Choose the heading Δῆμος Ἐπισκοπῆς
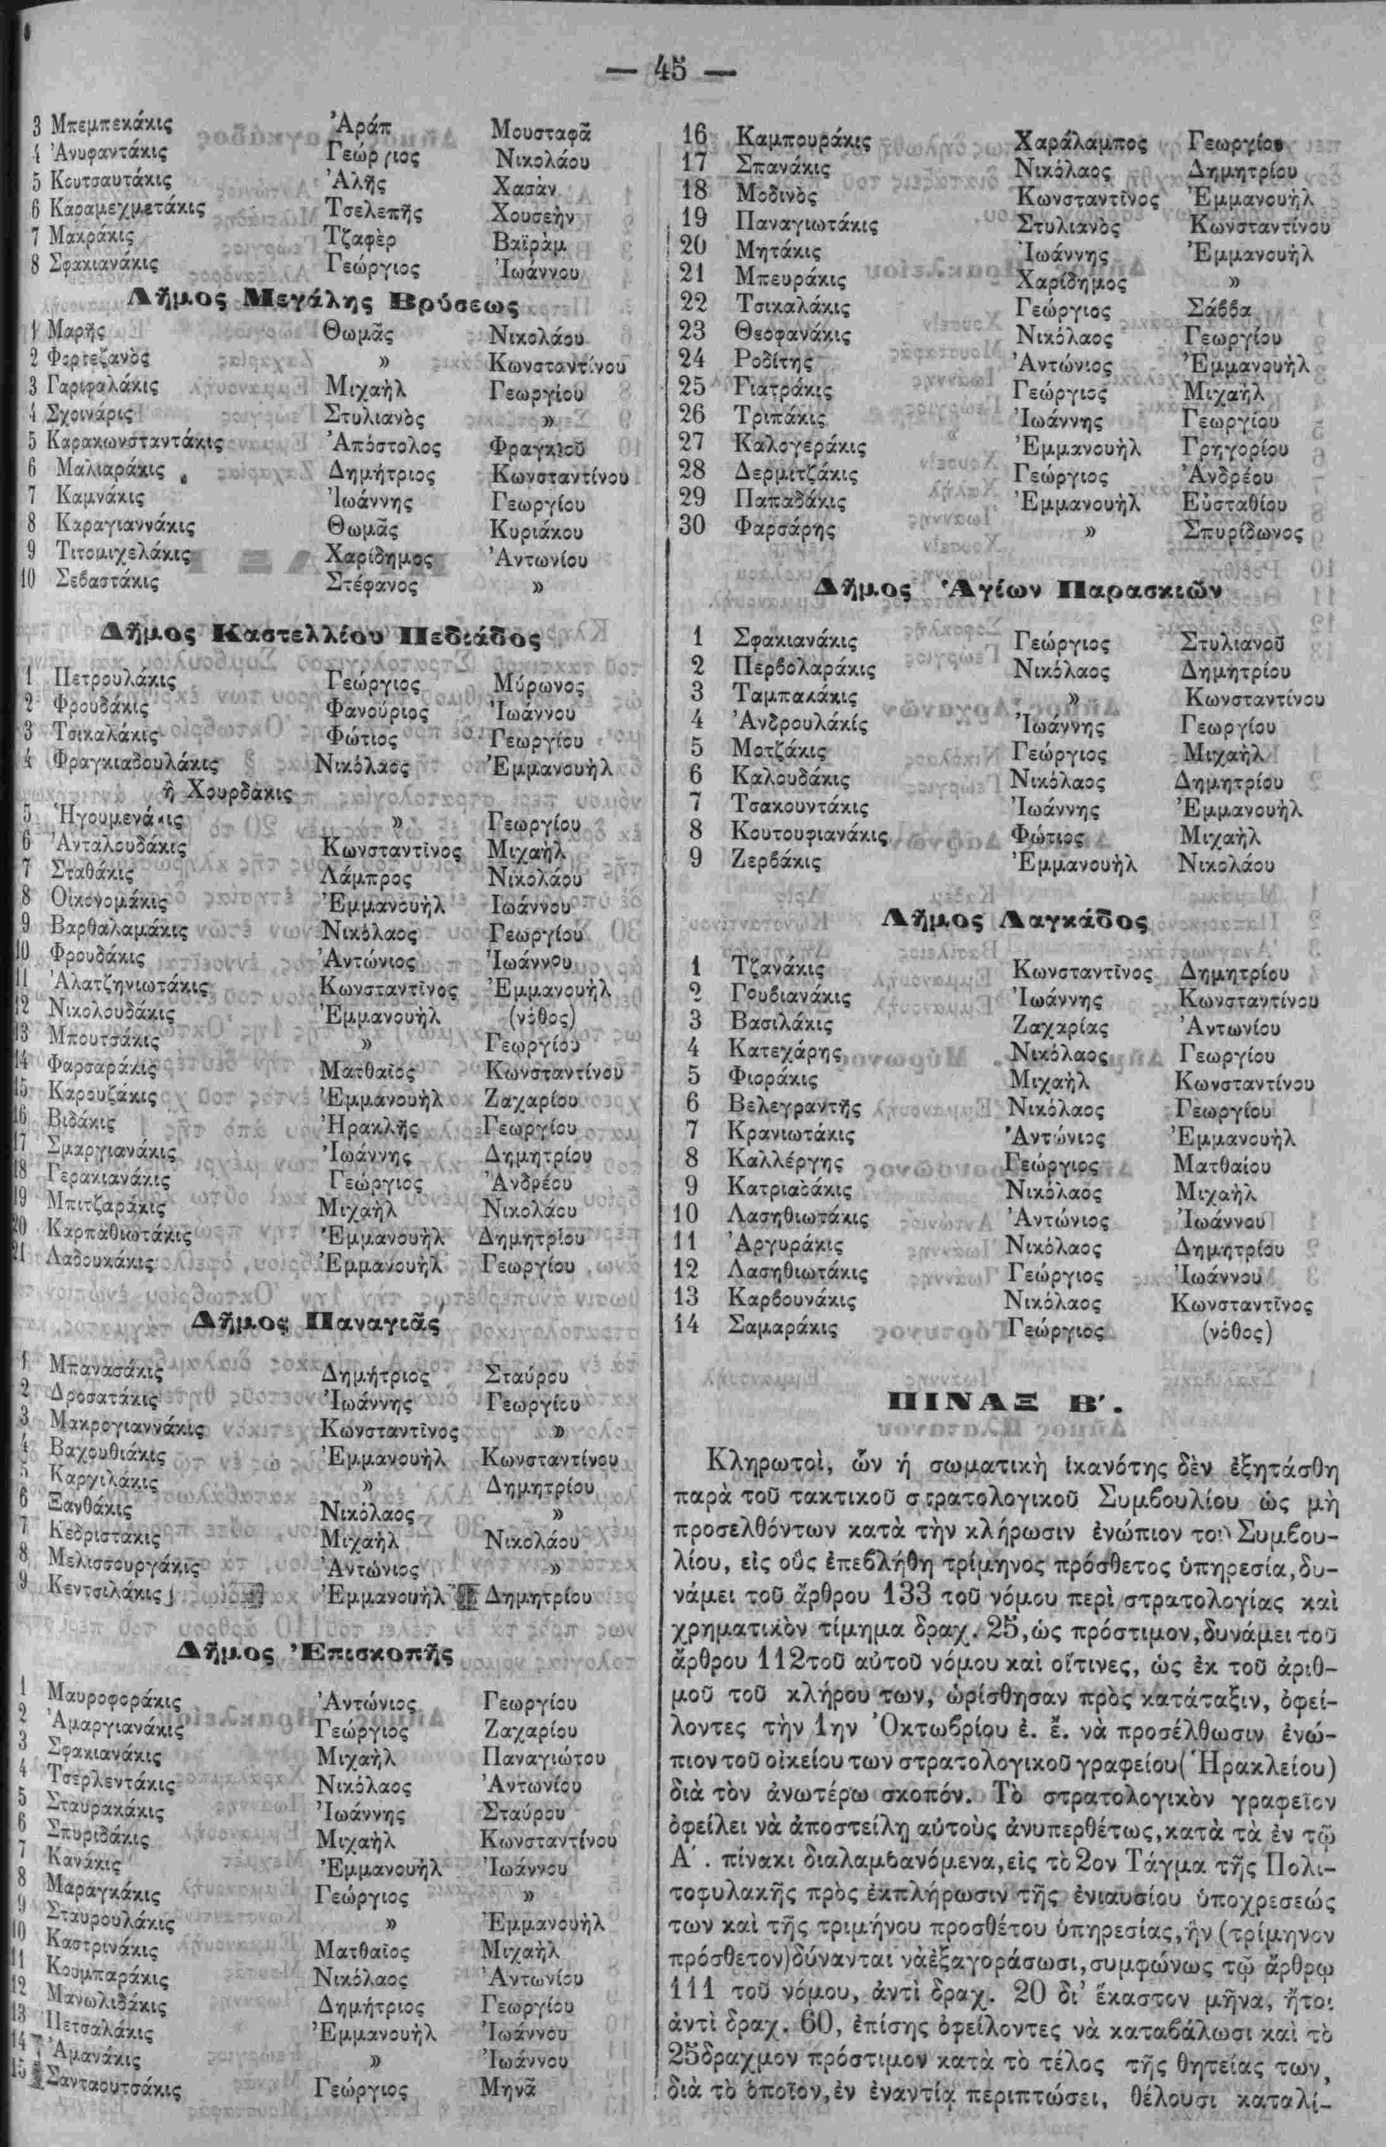point(317,1652)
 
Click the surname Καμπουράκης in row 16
point(804,139)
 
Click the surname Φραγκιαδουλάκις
point(135,765)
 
